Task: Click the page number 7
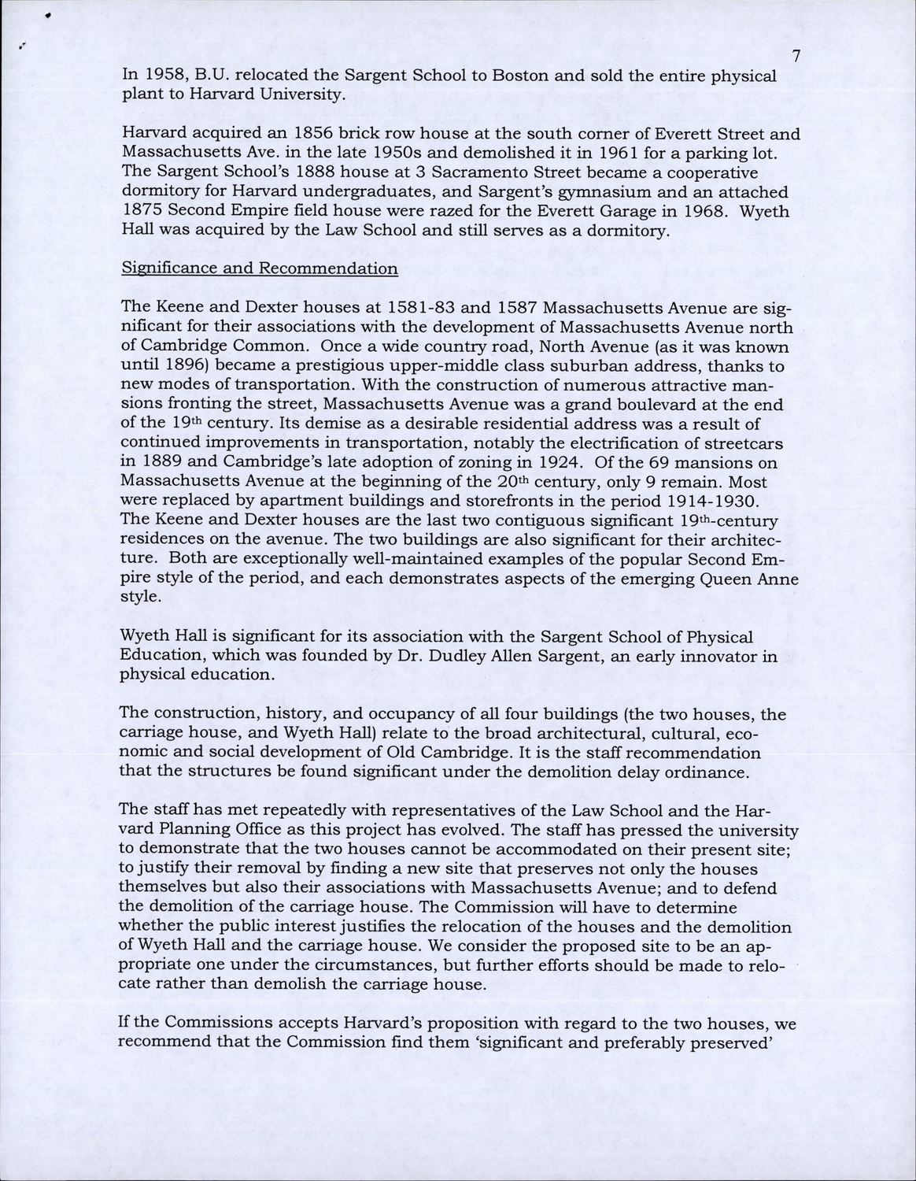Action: click(796, 56)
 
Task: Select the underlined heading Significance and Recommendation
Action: click(260, 268)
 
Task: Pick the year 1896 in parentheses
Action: click(175, 365)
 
